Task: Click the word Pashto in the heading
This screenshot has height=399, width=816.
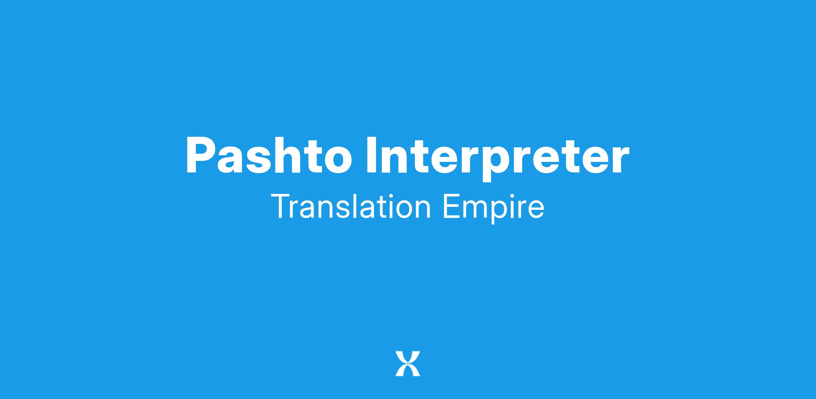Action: [269, 155]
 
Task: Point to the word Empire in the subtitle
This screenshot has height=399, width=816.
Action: [493, 208]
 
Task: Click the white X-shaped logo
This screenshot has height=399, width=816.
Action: [408, 364]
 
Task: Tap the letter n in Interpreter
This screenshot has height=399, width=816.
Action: [397, 160]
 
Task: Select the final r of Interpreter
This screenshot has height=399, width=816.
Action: [621, 160]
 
